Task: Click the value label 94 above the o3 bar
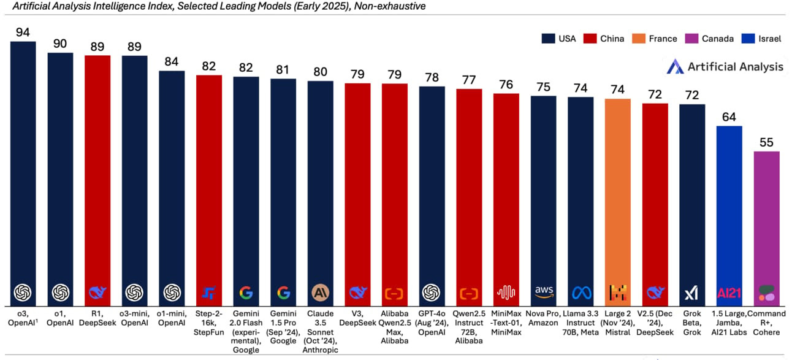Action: coord(23,32)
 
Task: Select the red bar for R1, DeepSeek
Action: coord(97,181)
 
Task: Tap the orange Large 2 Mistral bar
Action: coord(618,202)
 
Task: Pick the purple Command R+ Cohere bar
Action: coord(766,229)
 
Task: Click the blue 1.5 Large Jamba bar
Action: coord(729,216)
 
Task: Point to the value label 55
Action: coord(766,142)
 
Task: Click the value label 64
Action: coord(729,117)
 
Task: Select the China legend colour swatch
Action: coord(590,39)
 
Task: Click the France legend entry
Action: coord(654,39)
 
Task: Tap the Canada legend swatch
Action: coord(691,39)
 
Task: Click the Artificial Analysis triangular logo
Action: coord(675,66)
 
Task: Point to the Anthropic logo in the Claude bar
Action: coord(321,293)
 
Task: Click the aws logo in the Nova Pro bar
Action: coord(544,292)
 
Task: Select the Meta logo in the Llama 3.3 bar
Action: coord(581,293)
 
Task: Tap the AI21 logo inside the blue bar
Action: coord(729,293)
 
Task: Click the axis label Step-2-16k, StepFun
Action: coord(208,323)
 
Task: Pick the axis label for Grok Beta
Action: coord(692,323)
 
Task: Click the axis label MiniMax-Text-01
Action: coord(506,323)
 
